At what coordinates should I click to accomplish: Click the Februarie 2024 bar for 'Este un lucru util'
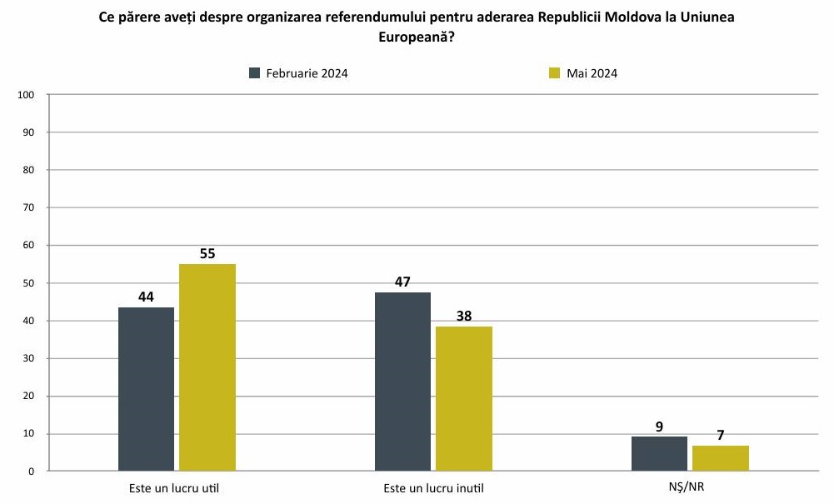click(x=147, y=389)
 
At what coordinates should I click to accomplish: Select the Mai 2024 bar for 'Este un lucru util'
click(x=207, y=367)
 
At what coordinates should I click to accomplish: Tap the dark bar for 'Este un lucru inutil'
click(x=402, y=382)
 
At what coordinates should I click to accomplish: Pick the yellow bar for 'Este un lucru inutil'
click(x=464, y=398)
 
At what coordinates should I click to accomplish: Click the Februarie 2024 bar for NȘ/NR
click(x=659, y=454)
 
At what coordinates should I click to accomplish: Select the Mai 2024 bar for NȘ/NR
click(x=721, y=458)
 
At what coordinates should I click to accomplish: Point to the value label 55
click(x=207, y=253)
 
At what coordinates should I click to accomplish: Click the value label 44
click(x=147, y=297)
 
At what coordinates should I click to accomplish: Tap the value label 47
click(x=402, y=282)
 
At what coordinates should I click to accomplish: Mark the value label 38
click(x=464, y=316)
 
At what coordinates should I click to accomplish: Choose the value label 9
click(x=659, y=427)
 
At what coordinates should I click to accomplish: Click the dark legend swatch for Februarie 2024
click(x=255, y=73)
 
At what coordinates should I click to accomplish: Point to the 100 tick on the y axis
click(x=25, y=95)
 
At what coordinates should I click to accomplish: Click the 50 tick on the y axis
click(x=27, y=283)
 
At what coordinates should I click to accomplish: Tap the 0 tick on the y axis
click(x=30, y=472)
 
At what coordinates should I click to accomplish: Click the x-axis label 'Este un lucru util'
click(x=177, y=487)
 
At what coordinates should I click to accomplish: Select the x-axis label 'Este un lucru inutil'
click(x=433, y=487)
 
